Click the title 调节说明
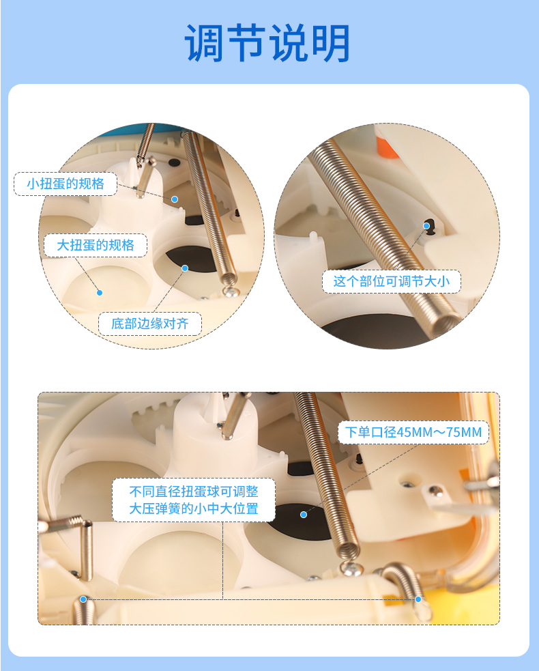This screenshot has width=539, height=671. (267, 42)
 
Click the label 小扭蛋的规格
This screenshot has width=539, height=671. (65, 184)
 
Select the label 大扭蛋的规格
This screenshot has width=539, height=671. (96, 245)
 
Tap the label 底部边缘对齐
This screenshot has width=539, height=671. (149, 324)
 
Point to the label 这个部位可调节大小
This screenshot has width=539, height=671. (392, 281)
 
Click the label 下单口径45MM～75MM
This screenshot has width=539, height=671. (413, 432)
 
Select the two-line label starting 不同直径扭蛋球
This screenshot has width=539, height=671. (194, 500)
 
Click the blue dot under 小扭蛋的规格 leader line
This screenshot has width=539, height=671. (175, 199)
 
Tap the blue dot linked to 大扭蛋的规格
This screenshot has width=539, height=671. (100, 293)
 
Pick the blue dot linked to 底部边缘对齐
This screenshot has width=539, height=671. (185, 268)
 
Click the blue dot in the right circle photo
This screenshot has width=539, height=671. (426, 226)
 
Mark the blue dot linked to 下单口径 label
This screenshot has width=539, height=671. (304, 515)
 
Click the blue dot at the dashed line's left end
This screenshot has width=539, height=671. (83, 599)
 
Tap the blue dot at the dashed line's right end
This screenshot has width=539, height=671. (418, 599)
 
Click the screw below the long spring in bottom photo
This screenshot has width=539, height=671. (351, 569)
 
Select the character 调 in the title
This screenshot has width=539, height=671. (205, 42)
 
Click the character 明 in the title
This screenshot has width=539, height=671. (331, 42)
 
